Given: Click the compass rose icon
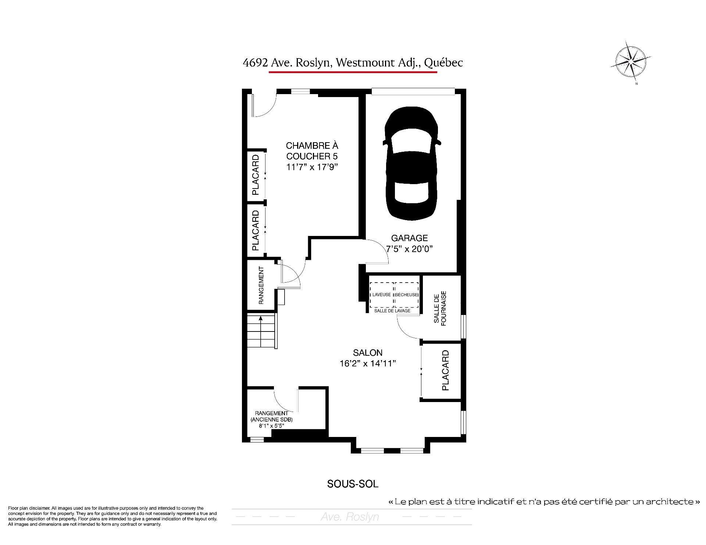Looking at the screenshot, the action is pyautogui.click(x=631, y=64).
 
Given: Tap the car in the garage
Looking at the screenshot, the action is pyautogui.click(x=411, y=164).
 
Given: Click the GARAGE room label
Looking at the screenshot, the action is pyautogui.click(x=409, y=238).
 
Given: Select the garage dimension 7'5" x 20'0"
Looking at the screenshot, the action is pyautogui.click(x=409, y=249).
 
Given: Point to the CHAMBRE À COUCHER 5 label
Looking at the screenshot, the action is pyautogui.click(x=312, y=151).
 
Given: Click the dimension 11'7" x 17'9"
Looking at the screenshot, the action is pyautogui.click(x=312, y=167).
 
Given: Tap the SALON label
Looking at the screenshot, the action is pyautogui.click(x=368, y=353).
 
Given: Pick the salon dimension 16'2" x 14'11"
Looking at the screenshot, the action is pyautogui.click(x=368, y=363).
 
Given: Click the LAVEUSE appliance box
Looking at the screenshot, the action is pyautogui.click(x=382, y=295).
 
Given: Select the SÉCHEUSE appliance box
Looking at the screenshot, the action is pyautogui.click(x=407, y=295).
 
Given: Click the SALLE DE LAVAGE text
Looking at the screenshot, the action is pyautogui.click(x=392, y=311).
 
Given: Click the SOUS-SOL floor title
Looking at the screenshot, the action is pyautogui.click(x=353, y=484).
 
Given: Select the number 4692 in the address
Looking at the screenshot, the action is pyautogui.click(x=255, y=63).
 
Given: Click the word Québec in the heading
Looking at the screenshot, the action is pyautogui.click(x=443, y=63).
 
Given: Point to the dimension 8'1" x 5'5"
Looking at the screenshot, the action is pyautogui.click(x=272, y=426).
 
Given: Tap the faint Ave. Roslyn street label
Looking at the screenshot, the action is pyautogui.click(x=350, y=517).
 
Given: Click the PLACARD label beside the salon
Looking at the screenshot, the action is pyautogui.click(x=445, y=370).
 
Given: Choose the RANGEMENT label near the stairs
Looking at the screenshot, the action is pyautogui.click(x=261, y=286).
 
